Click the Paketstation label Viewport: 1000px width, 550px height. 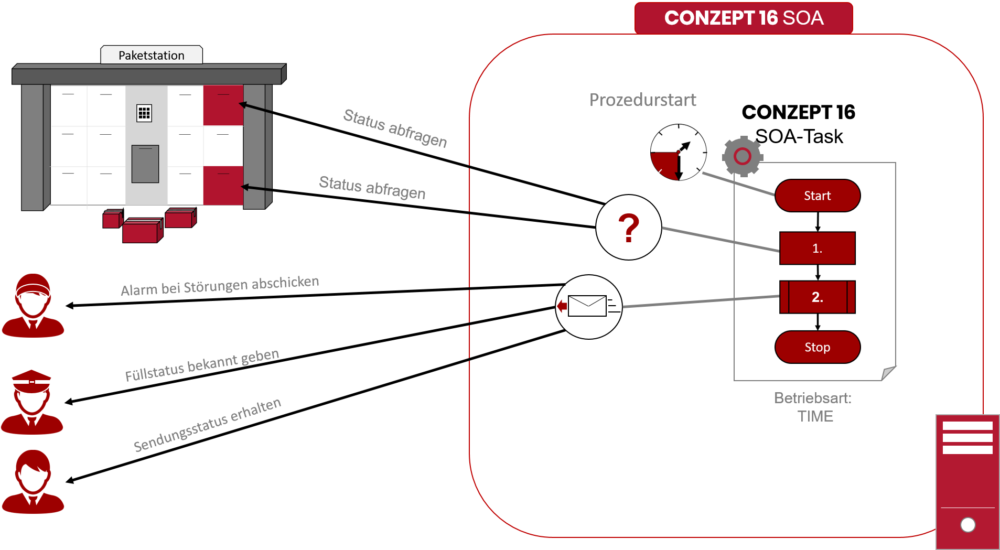[x=151, y=55]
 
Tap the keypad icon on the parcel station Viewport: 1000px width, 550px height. [x=144, y=113]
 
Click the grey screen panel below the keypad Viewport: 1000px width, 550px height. [x=145, y=164]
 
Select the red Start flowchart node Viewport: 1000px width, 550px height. [x=817, y=196]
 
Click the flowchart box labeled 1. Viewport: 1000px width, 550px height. [x=817, y=248]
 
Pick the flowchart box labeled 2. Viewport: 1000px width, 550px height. [x=817, y=297]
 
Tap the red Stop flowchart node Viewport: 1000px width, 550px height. [x=817, y=347]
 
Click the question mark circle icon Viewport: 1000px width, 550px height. [x=628, y=228]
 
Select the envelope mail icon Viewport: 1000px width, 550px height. [x=588, y=307]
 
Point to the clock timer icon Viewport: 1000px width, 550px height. [x=678, y=153]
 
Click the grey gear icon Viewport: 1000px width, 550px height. [x=742, y=156]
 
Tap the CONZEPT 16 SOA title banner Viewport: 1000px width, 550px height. [x=744, y=18]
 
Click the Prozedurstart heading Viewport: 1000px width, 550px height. [x=642, y=100]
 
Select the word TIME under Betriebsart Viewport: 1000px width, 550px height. [x=815, y=416]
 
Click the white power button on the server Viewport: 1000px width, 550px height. [x=967, y=524]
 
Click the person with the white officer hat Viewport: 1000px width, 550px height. [x=32, y=401]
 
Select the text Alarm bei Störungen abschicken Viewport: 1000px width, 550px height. [x=220, y=286]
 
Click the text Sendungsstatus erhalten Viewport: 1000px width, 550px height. [x=207, y=425]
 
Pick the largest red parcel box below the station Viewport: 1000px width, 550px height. [x=142, y=231]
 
